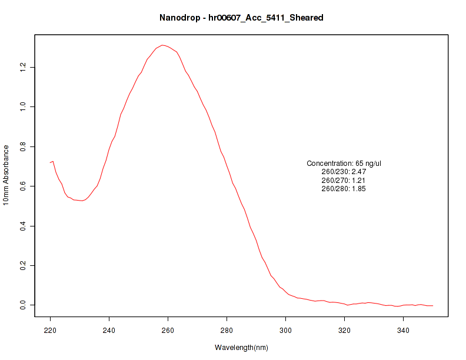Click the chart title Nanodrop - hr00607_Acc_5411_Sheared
[x=241, y=18]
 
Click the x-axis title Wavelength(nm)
[x=241, y=348]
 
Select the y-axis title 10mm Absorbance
[x=6, y=175]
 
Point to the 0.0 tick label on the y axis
[x=22, y=305]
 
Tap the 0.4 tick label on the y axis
[x=22, y=226]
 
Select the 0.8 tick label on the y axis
[x=22, y=146]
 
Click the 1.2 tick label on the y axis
[x=22, y=67]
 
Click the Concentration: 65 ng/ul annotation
[x=344, y=163]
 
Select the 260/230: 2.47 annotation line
[x=344, y=172]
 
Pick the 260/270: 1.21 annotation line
[x=344, y=180]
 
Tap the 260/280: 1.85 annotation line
[x=344, y=189]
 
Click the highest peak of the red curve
[x=162, y=45]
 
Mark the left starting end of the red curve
[x=51, y=162]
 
